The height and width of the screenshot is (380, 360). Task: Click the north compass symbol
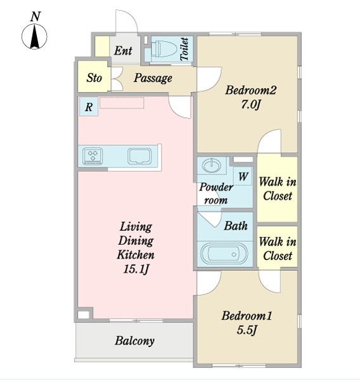(x=34, y=37)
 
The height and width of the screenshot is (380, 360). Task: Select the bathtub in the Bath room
(x=224, y=254)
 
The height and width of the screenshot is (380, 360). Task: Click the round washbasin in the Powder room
(x=212, y=166)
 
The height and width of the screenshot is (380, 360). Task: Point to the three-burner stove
(x=93, y=156)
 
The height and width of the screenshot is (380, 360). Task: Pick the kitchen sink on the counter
(x=139, y=155)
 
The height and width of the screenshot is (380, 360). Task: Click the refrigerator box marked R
(x=89, y=107)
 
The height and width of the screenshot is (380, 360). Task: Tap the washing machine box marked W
(x=243, y=176)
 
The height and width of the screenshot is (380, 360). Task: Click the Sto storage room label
(x=94, y=78)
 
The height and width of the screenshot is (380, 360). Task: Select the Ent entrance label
(x=123, y=51)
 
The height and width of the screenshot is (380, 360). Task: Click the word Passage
(x=153, y=78)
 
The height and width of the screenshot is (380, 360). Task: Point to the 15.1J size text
(x=136, y=269)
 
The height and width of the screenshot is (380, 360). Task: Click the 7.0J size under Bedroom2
(x=250, y=105)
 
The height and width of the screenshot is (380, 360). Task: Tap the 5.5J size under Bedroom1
(x=247, y=330)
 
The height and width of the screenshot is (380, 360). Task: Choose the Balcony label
(x=134, y=341)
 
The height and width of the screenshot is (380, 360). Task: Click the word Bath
(x=236, y=226)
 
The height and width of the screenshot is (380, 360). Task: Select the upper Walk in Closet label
(x=278, y=189)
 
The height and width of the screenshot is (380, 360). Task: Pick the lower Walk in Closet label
(x=278, y=249)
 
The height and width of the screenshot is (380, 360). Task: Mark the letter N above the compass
(x=35, y=16)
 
